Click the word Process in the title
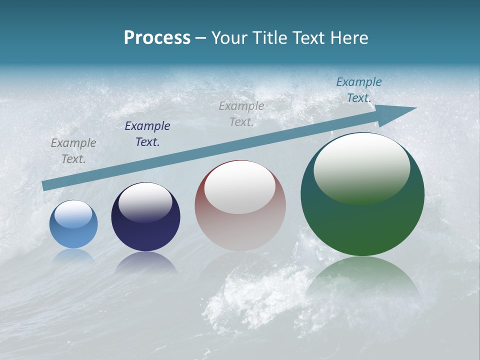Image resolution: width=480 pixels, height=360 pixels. click(157, 38)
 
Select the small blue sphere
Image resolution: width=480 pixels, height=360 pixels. click(73, 224)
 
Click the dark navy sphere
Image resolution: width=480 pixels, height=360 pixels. click(145, 217)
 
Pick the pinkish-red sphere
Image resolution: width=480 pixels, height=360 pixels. click(240, 205)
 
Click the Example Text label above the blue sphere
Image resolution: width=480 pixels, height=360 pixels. click(73, 151)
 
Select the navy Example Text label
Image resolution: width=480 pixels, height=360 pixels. click(147, 134)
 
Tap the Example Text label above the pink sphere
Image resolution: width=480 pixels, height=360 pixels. click(241, 114)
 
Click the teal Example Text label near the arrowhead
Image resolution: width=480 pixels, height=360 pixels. click(359, 90)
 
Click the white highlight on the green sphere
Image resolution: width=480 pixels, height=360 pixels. click(361, 167)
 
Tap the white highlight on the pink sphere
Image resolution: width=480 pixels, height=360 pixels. click(240, 188)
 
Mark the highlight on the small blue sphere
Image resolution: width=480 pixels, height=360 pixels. click(73, 214)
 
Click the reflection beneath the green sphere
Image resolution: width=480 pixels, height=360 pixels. click(363, 280)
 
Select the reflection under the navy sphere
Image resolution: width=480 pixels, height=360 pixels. click(145, 262)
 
